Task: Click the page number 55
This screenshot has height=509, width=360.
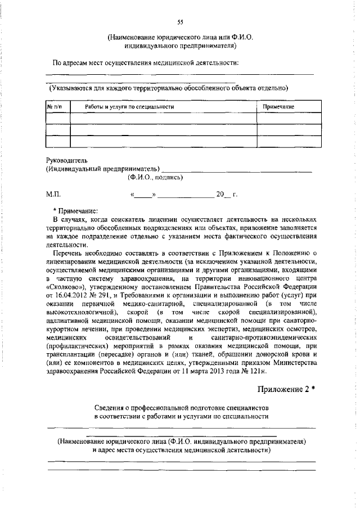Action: (x=180, y=22)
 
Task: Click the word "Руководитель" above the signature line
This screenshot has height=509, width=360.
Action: (x=66, y=160)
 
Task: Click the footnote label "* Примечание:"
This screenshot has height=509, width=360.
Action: (x=75, y=209)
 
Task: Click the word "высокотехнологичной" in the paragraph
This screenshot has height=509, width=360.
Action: (x=82, y=312)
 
